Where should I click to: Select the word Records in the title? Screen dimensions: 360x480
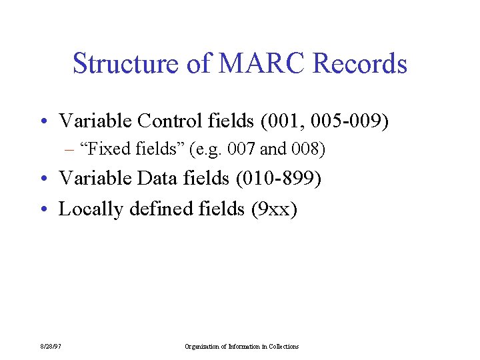360,64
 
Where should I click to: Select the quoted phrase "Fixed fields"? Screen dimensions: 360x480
133,149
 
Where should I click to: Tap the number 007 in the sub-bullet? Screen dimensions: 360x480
241,149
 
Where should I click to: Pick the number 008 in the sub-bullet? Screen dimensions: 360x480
304,149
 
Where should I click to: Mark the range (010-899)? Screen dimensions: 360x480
285,179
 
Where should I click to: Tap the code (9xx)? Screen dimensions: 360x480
273,209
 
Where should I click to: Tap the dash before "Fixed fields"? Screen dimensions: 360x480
69,150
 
